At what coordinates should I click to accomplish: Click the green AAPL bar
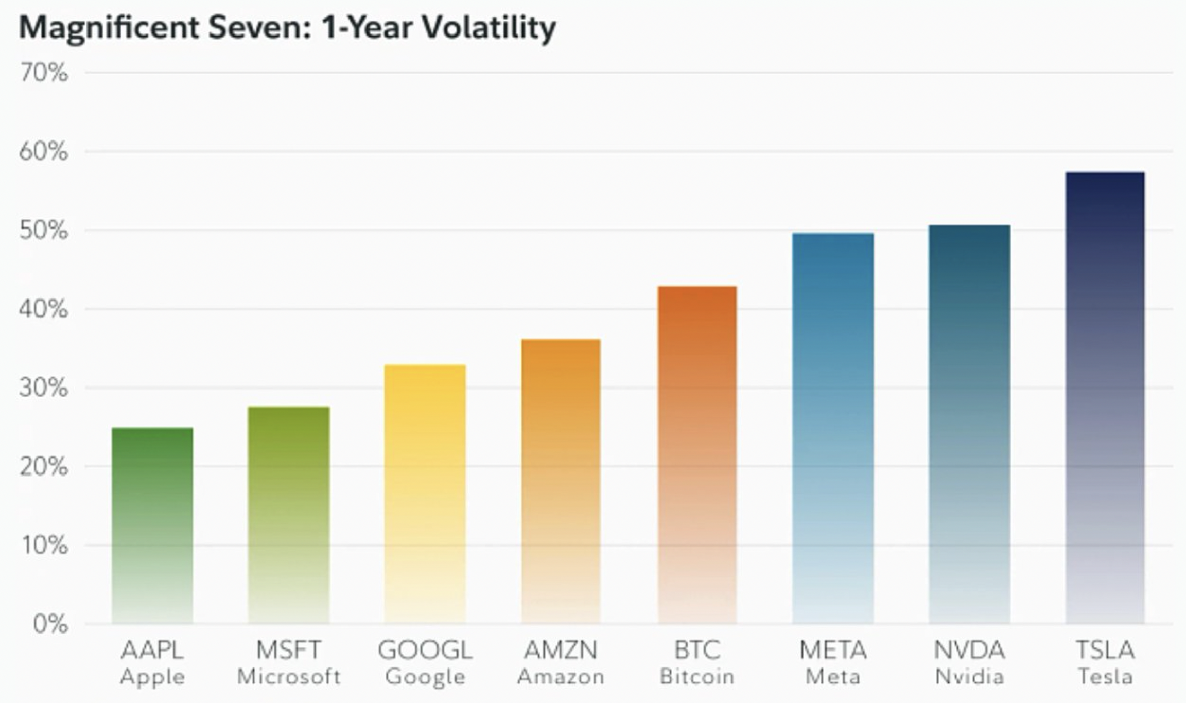coord(152,525)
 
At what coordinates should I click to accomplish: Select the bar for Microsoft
coord(289,515)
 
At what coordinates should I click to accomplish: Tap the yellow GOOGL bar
coord(425,494)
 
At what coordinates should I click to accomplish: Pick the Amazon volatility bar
coord(561,481)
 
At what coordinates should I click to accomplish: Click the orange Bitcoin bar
coord(697,455)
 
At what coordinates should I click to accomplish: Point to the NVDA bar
coord(969,424)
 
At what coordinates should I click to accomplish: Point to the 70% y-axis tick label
coord(44,73)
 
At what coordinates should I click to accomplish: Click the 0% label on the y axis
coord(50,624)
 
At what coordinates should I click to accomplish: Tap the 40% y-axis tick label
coord(44,309)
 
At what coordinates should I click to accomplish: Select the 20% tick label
coord(44,467)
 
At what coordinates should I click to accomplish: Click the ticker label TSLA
coord(1105,650)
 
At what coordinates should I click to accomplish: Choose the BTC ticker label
coord(697,650)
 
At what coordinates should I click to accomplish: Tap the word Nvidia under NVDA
coord(969,676)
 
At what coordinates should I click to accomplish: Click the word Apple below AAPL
coord(152,677)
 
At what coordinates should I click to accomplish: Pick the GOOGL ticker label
coord(425,650)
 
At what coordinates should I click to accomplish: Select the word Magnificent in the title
coord(109,28)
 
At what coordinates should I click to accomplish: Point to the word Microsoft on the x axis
coord(289,676)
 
